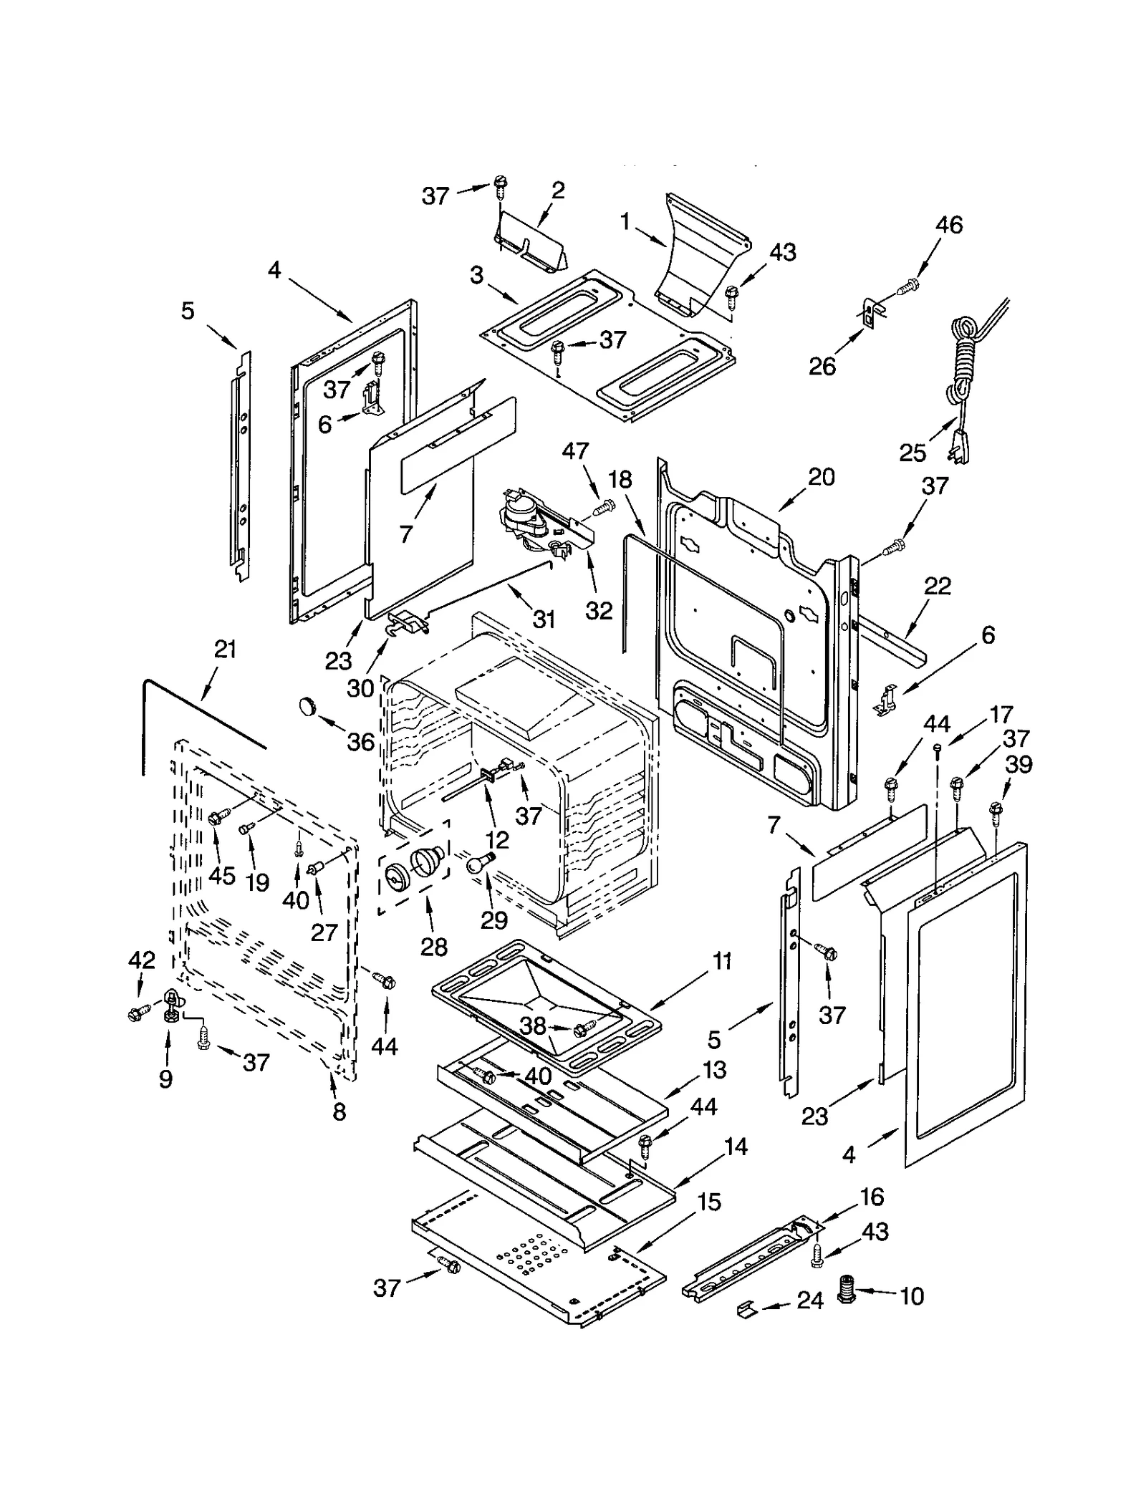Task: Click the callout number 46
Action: [x=949, y=225]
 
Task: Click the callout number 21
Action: [x=225, y=650]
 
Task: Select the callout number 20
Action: [x=822, y=477]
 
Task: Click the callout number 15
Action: [x=708, y=1202]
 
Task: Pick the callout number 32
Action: [x=599, y=610]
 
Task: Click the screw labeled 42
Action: [x=135, y=1013]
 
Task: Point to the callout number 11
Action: [x=722, y=962]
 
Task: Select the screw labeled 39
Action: [x=994, y=809]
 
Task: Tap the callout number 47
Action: [x=575, y=450]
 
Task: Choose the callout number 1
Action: [x=625, y=222]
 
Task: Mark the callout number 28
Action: [x=433, y=947]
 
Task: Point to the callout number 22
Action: [x=937, y=586]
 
